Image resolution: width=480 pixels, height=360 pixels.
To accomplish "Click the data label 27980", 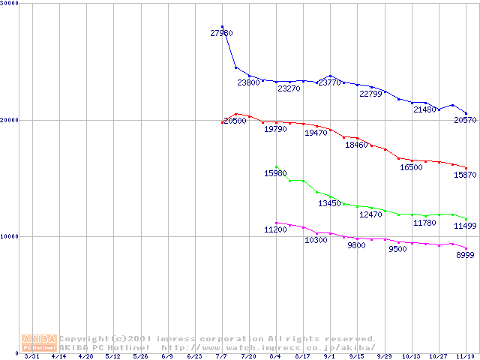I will [221, 34].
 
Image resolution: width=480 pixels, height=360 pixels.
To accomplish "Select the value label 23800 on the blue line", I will [249, 82].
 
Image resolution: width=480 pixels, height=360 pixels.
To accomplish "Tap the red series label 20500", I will [235, 121].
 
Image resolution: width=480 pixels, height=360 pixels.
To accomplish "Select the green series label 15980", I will [275, 174].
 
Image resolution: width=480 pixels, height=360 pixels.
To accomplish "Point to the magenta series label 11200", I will [275, 229].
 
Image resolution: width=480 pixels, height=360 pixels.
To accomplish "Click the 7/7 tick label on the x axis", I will [222, 356].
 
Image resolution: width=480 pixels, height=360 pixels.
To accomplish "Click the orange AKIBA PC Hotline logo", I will [40, 343].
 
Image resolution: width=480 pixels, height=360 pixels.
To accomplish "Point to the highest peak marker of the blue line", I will [222, 27].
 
